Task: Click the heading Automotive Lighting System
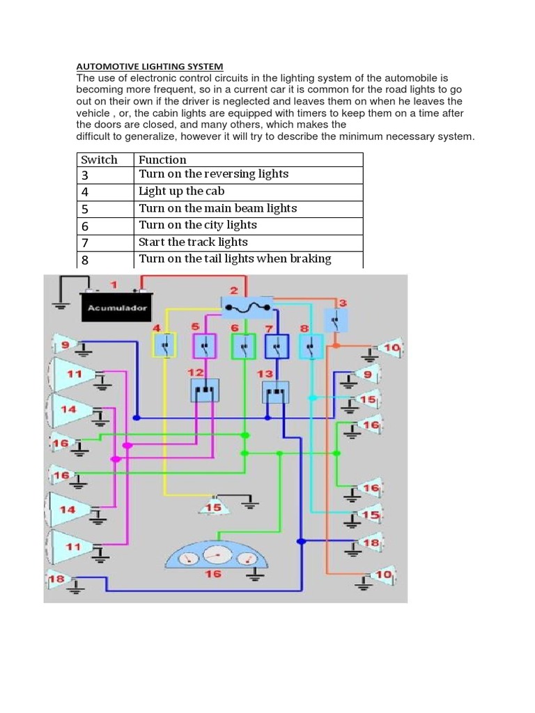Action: point(150,66)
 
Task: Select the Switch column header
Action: point(99,159)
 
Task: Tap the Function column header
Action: point(162,159)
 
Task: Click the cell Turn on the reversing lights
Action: point(213,174)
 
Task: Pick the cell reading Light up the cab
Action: point(181,191)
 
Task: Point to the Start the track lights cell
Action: point(193,242)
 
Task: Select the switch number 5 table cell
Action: point(86,208)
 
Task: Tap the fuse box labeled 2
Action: point(245,305)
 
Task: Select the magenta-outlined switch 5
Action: point(204,345)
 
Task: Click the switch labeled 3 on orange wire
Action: point(336,320)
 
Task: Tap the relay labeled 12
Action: point(205,390)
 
